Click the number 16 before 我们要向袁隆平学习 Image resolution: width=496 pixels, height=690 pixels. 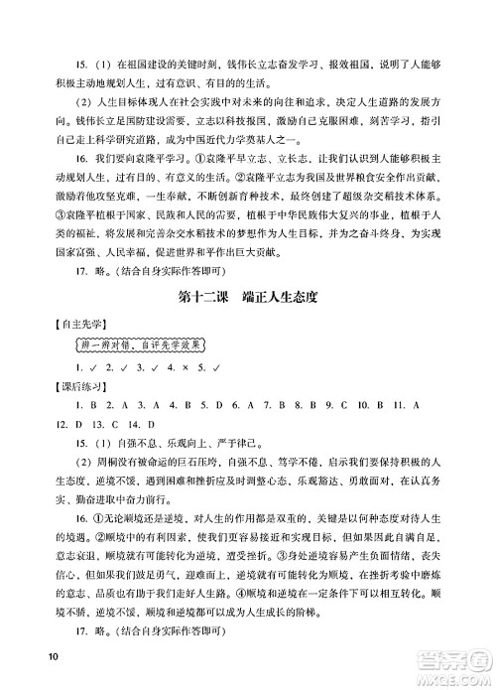pos(68,159)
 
